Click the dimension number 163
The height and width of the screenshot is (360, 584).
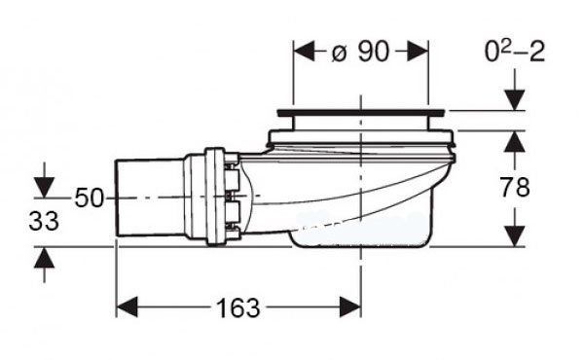238,308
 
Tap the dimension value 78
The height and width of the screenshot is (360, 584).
515,187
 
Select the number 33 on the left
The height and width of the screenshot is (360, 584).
44,221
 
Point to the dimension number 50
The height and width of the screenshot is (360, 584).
89,198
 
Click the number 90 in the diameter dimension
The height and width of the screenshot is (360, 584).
374,52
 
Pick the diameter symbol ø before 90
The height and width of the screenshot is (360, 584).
339,54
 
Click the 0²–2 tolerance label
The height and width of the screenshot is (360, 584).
515,51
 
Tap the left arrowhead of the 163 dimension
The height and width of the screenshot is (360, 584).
127,307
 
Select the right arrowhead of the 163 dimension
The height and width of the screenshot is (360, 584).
350,307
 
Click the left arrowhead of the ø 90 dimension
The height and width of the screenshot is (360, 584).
305,52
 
